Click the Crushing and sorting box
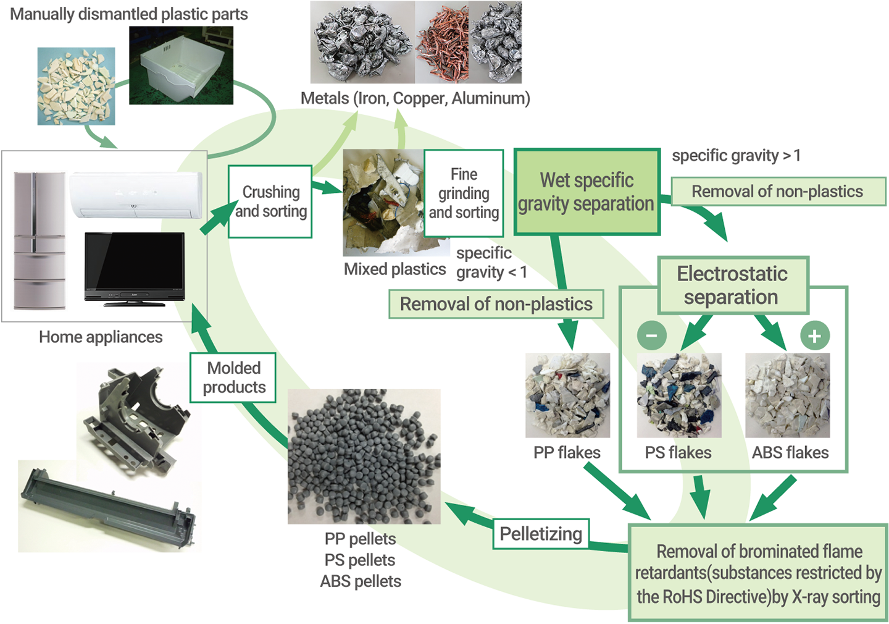(x=270, y=201)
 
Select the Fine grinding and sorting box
(x=464, y=193)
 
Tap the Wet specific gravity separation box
(x=586, y=192)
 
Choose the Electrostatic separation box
(x=733, y=285)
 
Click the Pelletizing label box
(x=541, y=534)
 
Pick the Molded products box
(x=233, y=377)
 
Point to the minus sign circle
(x=651, y=335)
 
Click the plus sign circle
(x=815, y=335)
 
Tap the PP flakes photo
(x=567, y=395)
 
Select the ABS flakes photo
(x=787, y=395)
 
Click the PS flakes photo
(x=678, y=395)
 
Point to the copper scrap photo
(x=442, y=42)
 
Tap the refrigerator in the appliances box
(x=40, y=241)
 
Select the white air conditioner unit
(x=135, y=195)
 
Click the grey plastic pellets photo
(x=364, y=457)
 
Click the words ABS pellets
(x=361, y=581)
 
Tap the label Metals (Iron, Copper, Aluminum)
(x=415, y=98)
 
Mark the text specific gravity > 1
(x=736, y=156)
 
